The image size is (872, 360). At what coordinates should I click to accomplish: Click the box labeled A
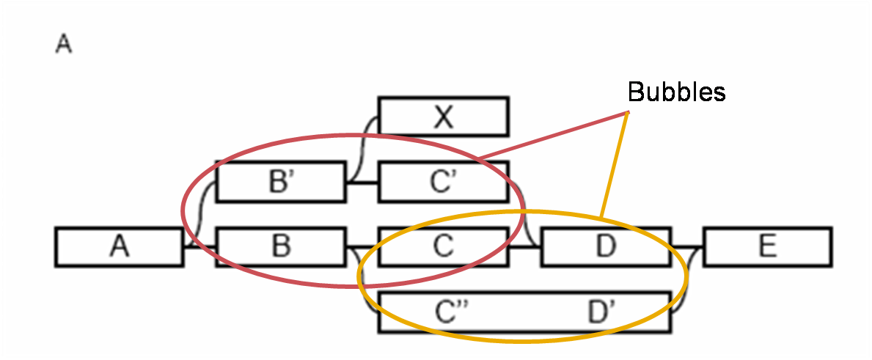119,246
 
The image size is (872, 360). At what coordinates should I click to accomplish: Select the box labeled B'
280,182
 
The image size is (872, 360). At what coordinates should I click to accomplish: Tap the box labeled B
280,246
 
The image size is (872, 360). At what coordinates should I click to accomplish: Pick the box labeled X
443,117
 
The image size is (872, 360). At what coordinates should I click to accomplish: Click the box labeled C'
443,182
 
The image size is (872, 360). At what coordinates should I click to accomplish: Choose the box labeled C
443,246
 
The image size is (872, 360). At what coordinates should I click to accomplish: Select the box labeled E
767,246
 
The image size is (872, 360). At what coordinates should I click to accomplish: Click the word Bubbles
676,92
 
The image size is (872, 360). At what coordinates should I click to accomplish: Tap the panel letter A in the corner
64,45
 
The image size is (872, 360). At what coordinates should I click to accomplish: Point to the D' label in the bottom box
601,312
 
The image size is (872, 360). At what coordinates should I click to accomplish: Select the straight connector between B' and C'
362,182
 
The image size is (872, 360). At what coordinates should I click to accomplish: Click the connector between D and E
686,246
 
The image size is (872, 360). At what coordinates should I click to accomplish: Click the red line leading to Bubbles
552,135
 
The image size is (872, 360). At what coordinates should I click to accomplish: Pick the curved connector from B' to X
362,149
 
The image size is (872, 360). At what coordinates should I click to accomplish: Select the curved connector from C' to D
524,214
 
